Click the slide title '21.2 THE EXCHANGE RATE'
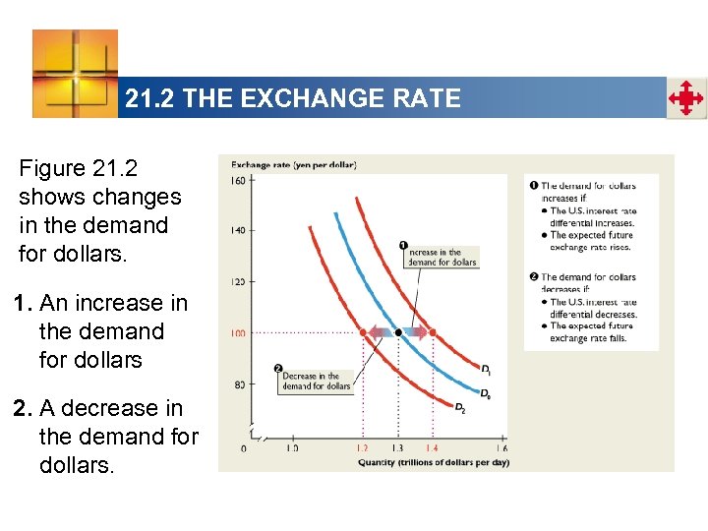click(293, 98)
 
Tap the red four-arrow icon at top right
click(686, 98)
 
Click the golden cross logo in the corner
click(75, 74)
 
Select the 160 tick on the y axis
click(238, 180)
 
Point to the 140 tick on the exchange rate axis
click(238, 230)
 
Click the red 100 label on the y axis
click(238, 333)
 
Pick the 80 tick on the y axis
click(238, 384)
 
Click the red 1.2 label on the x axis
click(363, 448)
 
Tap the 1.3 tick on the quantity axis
click(397, 448)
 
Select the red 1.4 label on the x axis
click(432, 448)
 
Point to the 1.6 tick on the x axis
click(501, 448)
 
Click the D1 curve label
click(487, 369)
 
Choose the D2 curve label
click(460, 407)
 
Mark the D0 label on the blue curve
click(486, 393)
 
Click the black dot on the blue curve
click(397, 332)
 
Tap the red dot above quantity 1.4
click(432, 332)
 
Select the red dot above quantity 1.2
click(363, 332)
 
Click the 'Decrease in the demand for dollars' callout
click(316, 382)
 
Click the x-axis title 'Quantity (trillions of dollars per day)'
click(433, 462)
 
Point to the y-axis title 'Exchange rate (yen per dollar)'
click(293, 164)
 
